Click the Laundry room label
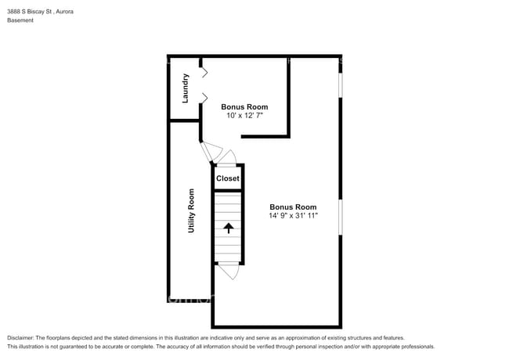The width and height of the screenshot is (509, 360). pos(186,88)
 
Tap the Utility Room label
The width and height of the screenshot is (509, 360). pos(191,211)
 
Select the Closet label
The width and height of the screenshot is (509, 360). pos(228,178)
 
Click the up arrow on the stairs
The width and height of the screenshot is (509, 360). pos(229,228)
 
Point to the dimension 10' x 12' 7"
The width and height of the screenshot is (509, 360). pos(244,116)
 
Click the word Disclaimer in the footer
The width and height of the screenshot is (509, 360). pos(22,337)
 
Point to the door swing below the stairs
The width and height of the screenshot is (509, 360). pos(228,271)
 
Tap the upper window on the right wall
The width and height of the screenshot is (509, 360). pos(340,97)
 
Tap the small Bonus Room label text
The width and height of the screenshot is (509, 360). pos(244,106)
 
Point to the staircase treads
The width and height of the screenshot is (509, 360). pos(229,211)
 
